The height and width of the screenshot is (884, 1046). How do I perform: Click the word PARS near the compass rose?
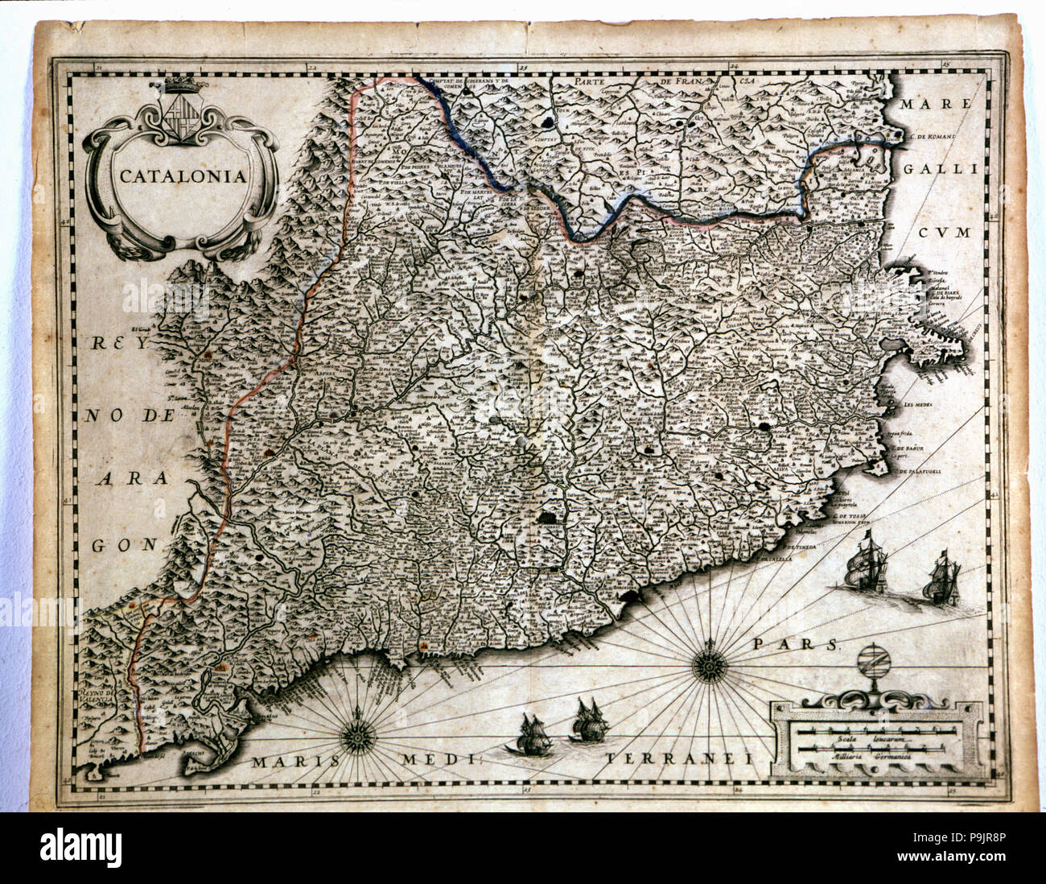(x=797, y=644)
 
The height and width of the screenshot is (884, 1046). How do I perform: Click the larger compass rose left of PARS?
(x=709, y=665)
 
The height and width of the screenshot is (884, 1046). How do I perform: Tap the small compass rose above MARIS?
(x=355, y=735)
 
